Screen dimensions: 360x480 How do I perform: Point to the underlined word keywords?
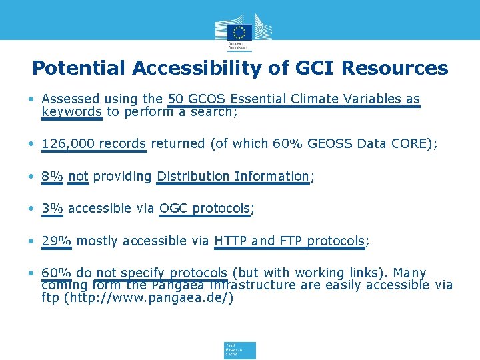coord(71,111)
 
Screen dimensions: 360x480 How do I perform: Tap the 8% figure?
coord(52,176)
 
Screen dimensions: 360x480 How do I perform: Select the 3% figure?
coord(52,208)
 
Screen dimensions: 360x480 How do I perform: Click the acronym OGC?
coord(173,208)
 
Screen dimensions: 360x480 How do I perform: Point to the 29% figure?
coord(56,241)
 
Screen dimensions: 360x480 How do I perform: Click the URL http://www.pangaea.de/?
coord(148,297)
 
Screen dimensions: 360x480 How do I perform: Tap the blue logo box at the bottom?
coord(240,350)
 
